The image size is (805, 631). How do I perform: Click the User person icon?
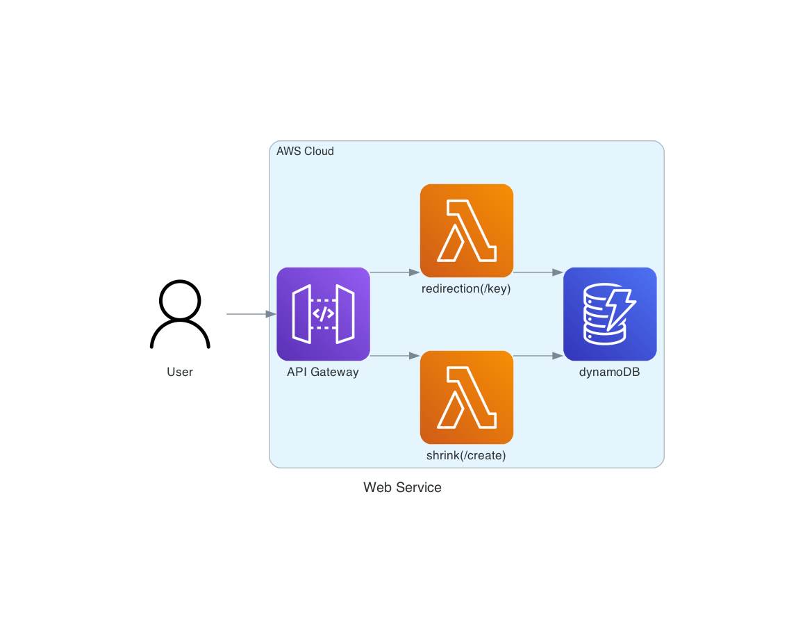(180, 314)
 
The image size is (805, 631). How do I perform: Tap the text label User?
(180, 372)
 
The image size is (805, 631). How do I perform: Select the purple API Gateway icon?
(323, 314)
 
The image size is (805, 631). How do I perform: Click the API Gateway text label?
(323, 372)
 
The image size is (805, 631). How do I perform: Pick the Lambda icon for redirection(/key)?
(466, 230)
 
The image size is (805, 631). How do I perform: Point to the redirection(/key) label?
(466, 289)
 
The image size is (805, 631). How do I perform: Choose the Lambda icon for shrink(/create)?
(466, 397)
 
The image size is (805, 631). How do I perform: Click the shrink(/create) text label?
(466, 456)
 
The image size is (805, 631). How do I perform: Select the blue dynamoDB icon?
(610, 314)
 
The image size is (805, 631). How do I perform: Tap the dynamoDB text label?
(610, 372)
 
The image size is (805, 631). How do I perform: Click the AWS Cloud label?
(305, 151)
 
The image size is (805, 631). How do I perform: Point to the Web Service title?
(402, 487)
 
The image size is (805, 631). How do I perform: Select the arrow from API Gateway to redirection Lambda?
(395, 272)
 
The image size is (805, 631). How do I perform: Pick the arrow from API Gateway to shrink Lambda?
(395, 356)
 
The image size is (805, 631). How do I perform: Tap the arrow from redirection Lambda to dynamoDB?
(538, 272)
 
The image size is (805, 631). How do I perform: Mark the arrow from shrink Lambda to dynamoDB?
(538, 356)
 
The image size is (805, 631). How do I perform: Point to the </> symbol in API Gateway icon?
(323, 314)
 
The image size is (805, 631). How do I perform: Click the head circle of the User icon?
(180, 301)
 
